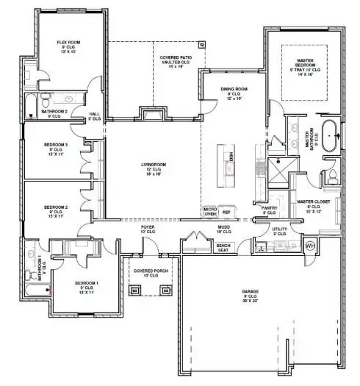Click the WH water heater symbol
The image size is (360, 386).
coord(310,245)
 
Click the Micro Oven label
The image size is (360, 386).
coord(209,212)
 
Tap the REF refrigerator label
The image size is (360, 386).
coord(227,212)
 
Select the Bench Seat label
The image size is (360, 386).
coord(223,248)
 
